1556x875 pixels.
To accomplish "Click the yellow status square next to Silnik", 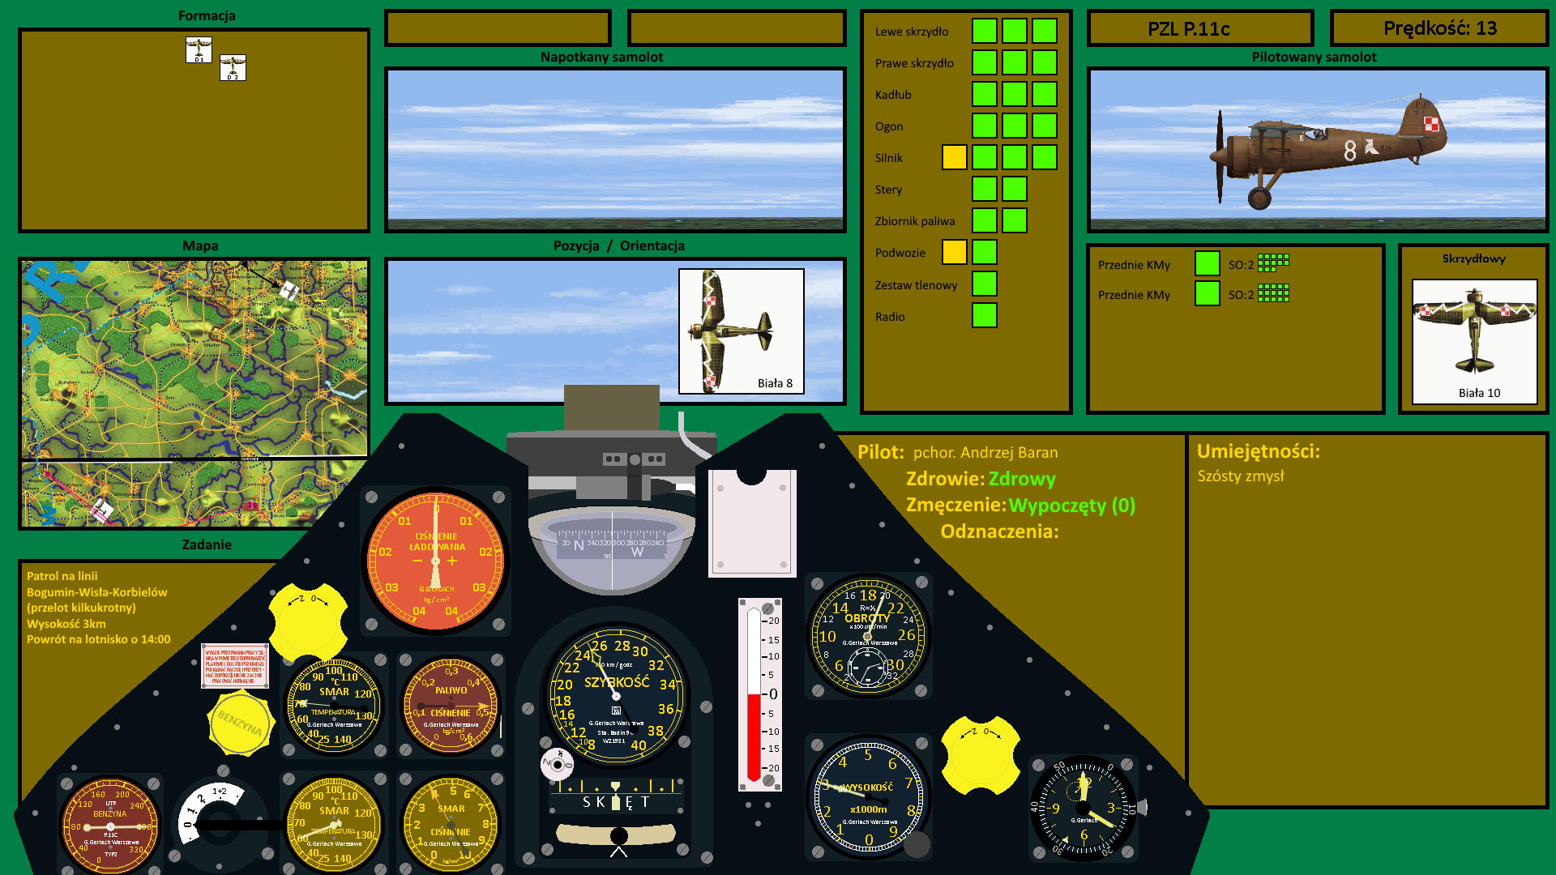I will (x=954, y=157).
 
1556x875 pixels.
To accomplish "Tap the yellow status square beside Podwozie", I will (x=954, y=252).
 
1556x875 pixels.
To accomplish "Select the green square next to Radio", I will (x=984, y=315).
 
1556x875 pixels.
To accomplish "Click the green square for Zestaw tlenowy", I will (x=984, y=284).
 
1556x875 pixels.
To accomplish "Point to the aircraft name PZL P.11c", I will (x=1188, y=29).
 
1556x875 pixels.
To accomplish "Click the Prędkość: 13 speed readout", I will (x=1439, y=28).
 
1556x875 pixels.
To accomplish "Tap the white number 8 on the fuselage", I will (x=1349, y=151).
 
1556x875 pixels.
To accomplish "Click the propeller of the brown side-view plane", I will (x=1220, y=156).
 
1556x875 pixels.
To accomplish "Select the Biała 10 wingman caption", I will (x=1479, y=393).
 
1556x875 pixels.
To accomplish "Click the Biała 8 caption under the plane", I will (x=775, y=383).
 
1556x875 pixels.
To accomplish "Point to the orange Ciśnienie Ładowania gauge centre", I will (x=435, y=561).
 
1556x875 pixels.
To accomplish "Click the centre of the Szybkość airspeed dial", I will (x=616, y=695).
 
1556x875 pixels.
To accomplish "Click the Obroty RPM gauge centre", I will (x=868, y=636).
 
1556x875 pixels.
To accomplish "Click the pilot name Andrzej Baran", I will (x=985, y=453).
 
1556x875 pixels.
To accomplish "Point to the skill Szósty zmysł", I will (x=1241, y=476).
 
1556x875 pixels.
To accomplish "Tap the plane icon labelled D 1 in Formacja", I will (x=199, y=49).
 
